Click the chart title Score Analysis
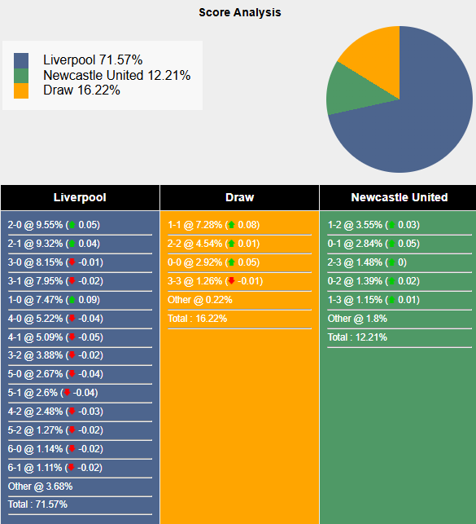coord(240,13)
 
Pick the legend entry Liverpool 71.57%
coord(92,60)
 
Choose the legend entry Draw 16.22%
coord(81,90)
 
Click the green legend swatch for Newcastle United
coord(21,76)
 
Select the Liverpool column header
coord(80,197)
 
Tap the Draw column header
coord(239,197)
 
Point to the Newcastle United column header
coord(399,197)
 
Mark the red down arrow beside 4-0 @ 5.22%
coord(72,319)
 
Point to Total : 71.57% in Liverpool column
coord(38,504)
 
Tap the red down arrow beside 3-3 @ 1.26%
coord(231,281)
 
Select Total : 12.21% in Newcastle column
coord(357,337)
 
